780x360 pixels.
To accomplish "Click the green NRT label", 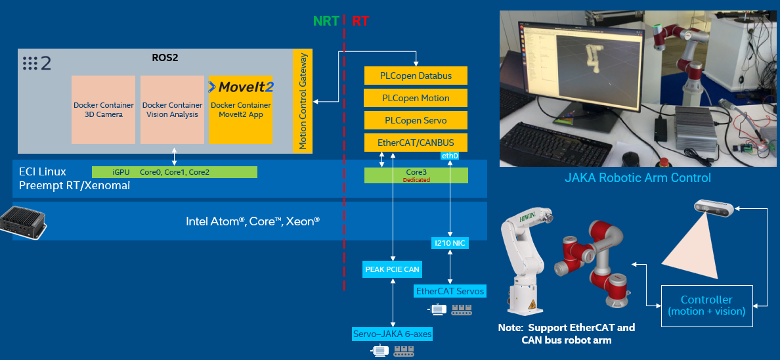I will click(x=326, y=20).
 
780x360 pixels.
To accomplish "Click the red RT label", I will click(x=360, y=20).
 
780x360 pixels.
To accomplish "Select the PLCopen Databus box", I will click(x=416, y=76).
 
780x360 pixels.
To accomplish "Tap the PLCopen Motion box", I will click(x=416, y=98).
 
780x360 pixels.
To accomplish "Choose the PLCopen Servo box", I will click(x=416, y=121).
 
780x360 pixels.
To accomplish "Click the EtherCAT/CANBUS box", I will click(x=416, y=143).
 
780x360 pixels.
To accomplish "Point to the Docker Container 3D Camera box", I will click(x=103, y=109).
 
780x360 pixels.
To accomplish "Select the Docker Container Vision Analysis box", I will click(x=172, y=109).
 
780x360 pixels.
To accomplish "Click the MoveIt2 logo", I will click(x=240, y=87).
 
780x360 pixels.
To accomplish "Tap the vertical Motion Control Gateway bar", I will click(x=302, y=101).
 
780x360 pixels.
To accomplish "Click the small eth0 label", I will click(x=450, y=156).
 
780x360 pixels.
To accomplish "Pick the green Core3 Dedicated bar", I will click(x=416, y=175).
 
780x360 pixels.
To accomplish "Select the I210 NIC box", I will click(x=450, y=243).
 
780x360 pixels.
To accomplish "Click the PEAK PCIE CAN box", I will click(x=393, y=269).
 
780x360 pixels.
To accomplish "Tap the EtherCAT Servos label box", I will click(x=450, y=290).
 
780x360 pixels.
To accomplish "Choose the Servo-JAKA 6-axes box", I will click(x=393, y=334).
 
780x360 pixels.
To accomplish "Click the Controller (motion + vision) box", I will click(x=706, y=305).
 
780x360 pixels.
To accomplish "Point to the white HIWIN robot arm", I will click(x=525, y=259).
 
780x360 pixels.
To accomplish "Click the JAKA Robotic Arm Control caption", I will click(x=638, y=178).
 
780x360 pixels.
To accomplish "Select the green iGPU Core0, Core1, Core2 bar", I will click(x=174, y=172).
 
